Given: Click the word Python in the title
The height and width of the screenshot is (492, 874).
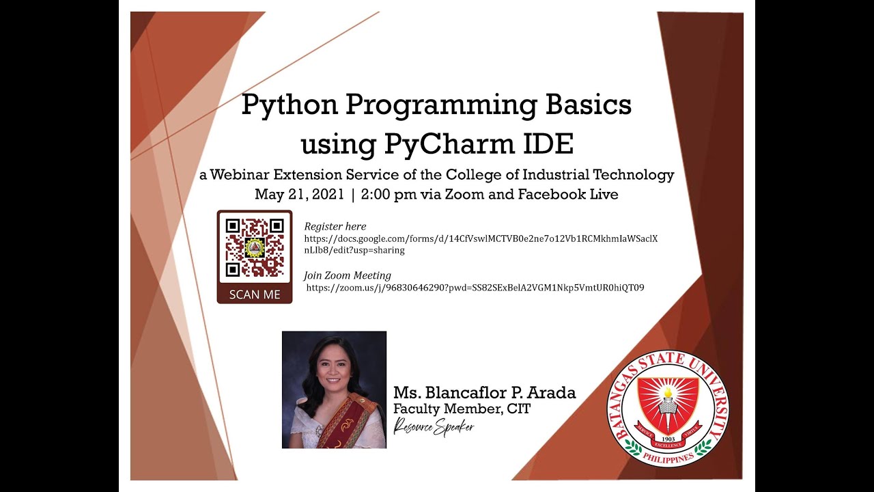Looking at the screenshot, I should (x=288, y=106).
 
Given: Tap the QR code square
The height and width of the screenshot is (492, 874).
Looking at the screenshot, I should (x=255, y=247).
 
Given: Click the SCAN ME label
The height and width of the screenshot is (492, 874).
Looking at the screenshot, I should (x=255, y=295).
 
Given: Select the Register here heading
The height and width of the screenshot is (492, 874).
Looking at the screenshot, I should (x=335, y=226).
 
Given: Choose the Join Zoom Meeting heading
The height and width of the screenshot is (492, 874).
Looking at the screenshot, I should (x=348, y=275).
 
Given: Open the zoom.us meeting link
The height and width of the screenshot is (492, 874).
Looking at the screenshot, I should (x=475, y=288).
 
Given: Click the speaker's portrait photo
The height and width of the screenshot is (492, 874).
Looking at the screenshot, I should (x=334, y=389).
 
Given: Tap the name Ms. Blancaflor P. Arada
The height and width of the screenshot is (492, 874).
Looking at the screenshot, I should (x=484, y=393).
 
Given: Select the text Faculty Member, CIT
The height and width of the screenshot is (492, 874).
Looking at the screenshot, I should (x=462, y=409).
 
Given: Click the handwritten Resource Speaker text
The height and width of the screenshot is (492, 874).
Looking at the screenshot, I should (x=434, y=426).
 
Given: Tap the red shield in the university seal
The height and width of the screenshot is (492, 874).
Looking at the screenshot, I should (x=668, y=403).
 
